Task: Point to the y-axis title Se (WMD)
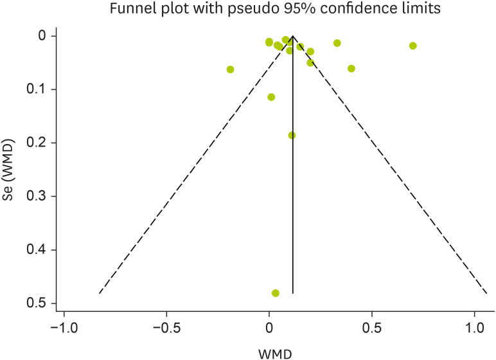[x=9, y=169]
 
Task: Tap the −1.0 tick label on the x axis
[x=64, y=328]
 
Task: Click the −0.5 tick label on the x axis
[x=166, y=328]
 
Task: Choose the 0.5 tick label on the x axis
[x=371, y=328]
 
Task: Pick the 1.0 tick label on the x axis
[x=474, y=328]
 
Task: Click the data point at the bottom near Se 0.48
[x=276, y=293]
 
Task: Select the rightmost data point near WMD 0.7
[x=413, y=46]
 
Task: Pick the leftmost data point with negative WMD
[x=231, y=69]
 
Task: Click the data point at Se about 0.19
[x=292, y=135]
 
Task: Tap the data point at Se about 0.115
[x=271, y=97]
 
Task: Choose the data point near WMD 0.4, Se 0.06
[x=351, y=69]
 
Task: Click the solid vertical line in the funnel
[x=293, y=193]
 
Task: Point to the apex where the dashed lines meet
[x=293, y=37]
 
